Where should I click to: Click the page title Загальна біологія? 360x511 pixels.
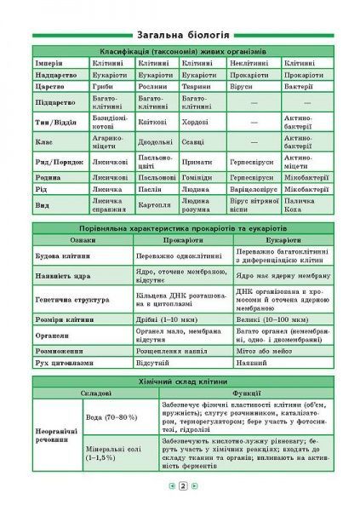tap(180, 36)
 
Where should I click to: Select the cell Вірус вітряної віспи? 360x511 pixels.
tap(253, 205)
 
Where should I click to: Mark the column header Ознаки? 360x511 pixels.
tap(83, 241)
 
